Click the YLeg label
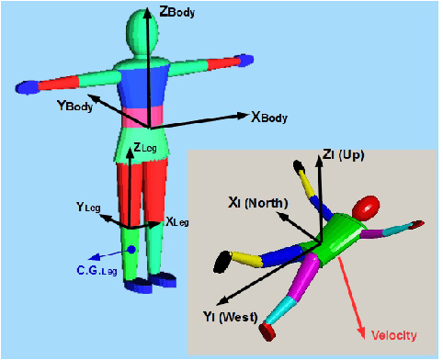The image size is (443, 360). tap(90, 208)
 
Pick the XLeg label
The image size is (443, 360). tap(177, 221)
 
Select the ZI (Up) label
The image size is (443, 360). tap(344, 155)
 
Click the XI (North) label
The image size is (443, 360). tap(259, 202)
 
